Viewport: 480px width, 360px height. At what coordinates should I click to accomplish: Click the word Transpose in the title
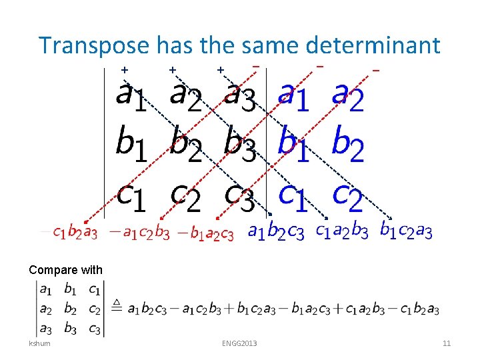94,46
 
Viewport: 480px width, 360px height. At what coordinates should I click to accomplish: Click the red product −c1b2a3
69,233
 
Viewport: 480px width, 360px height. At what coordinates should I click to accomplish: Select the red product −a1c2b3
139,233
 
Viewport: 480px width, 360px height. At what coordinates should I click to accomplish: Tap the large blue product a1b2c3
276,232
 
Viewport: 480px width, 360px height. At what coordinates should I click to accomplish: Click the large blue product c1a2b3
342,231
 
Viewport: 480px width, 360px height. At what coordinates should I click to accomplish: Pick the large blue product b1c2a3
406,231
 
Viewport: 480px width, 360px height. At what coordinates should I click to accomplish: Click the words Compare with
66,270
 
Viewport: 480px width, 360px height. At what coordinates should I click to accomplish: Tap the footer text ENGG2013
239,343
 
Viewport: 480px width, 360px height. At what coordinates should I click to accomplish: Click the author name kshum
39,343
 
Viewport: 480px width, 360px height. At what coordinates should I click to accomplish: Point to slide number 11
447,343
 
